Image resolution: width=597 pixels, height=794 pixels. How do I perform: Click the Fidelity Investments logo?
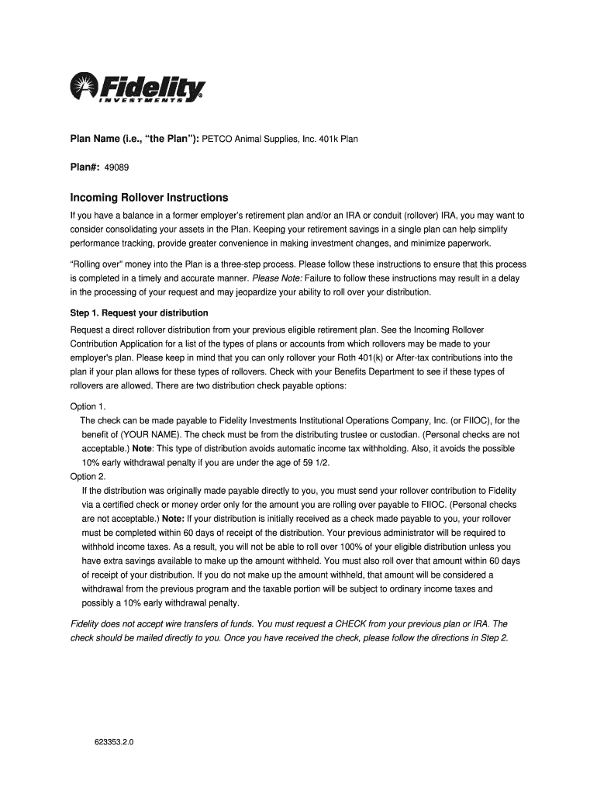[137, 87]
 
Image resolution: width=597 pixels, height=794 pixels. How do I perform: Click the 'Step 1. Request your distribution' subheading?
[139, 313]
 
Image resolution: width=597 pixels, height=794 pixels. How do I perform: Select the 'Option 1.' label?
[88, 406]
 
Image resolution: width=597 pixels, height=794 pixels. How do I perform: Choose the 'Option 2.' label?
[88, 477]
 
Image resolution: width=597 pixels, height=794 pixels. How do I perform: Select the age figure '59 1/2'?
[325, 463]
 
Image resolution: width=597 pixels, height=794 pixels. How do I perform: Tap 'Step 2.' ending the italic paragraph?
[492, 637]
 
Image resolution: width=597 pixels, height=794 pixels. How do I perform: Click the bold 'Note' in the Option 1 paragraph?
[142, 449]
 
